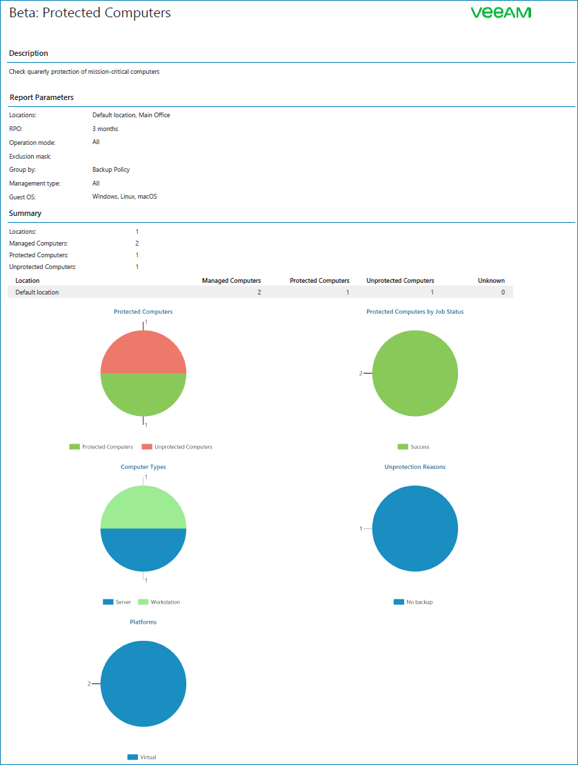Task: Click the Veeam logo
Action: click(501, 13)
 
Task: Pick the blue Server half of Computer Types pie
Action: click(143, 550)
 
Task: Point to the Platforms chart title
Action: click(143, 622)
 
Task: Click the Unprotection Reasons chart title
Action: click(415, 467)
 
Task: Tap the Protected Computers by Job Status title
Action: click(415, 312)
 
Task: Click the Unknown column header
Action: click(491, 281)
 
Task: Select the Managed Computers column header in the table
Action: click(231, 281)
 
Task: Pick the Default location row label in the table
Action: click(37, 292)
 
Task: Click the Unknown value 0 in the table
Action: click(503, 292)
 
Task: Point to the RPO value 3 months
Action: click(105, 129)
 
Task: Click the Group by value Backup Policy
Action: click(111, 170)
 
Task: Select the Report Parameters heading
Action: click(41, 97)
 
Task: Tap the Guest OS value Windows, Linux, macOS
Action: click(125, 197)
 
